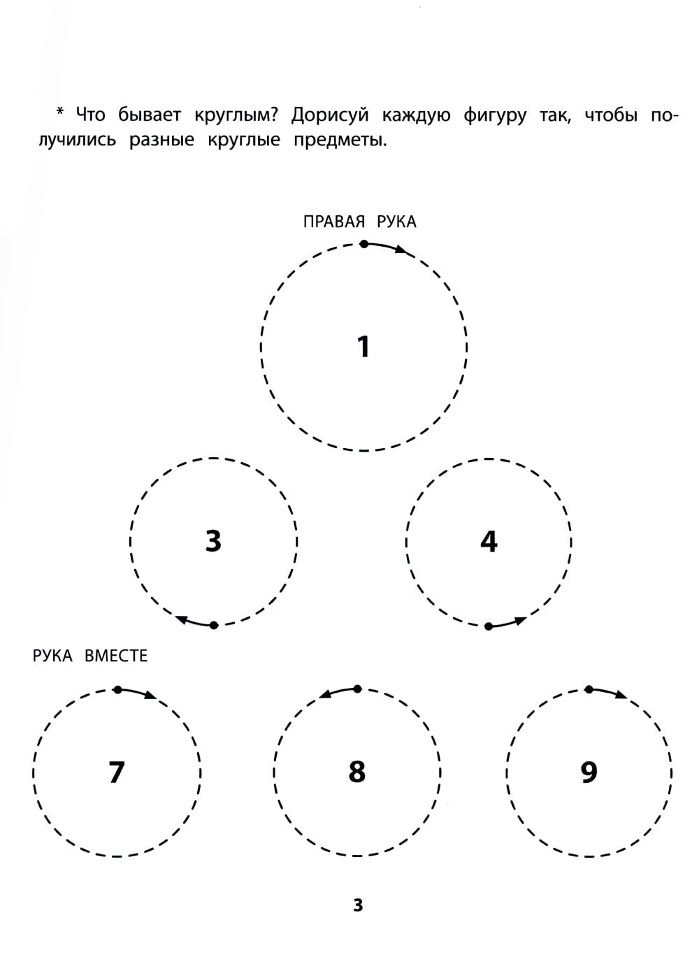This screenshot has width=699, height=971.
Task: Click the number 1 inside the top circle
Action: click(364, 346)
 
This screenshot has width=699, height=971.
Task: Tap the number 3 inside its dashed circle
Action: click(213, 540)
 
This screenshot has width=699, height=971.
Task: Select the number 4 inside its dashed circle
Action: click(489, 541)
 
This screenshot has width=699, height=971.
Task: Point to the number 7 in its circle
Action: click(117, 772)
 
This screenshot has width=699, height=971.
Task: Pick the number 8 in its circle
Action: click(357, 772)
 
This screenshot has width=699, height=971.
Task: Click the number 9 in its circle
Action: click(589, 772)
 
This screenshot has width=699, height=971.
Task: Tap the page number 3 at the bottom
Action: click(358, 905)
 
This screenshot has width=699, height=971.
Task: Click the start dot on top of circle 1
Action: click(364, 245)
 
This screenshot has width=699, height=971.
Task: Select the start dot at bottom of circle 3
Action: click(214, 625)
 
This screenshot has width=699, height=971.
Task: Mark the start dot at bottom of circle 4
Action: click(489, 626)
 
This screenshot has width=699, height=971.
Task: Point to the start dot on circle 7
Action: click(117, 689)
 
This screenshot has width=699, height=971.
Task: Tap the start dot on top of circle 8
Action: click(357, 689)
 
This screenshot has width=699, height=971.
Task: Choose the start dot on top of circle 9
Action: click(589, 689)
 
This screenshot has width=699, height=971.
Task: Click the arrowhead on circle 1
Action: click(401, 250)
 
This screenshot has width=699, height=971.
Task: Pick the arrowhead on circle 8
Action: click(326, 695)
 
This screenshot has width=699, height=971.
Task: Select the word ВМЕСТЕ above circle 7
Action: click(116, 656)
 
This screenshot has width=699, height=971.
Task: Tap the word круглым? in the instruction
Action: click(236, 115)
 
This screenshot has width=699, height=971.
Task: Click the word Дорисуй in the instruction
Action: click(330, 115)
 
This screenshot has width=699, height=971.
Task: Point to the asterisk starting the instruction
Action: click(60, 112)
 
